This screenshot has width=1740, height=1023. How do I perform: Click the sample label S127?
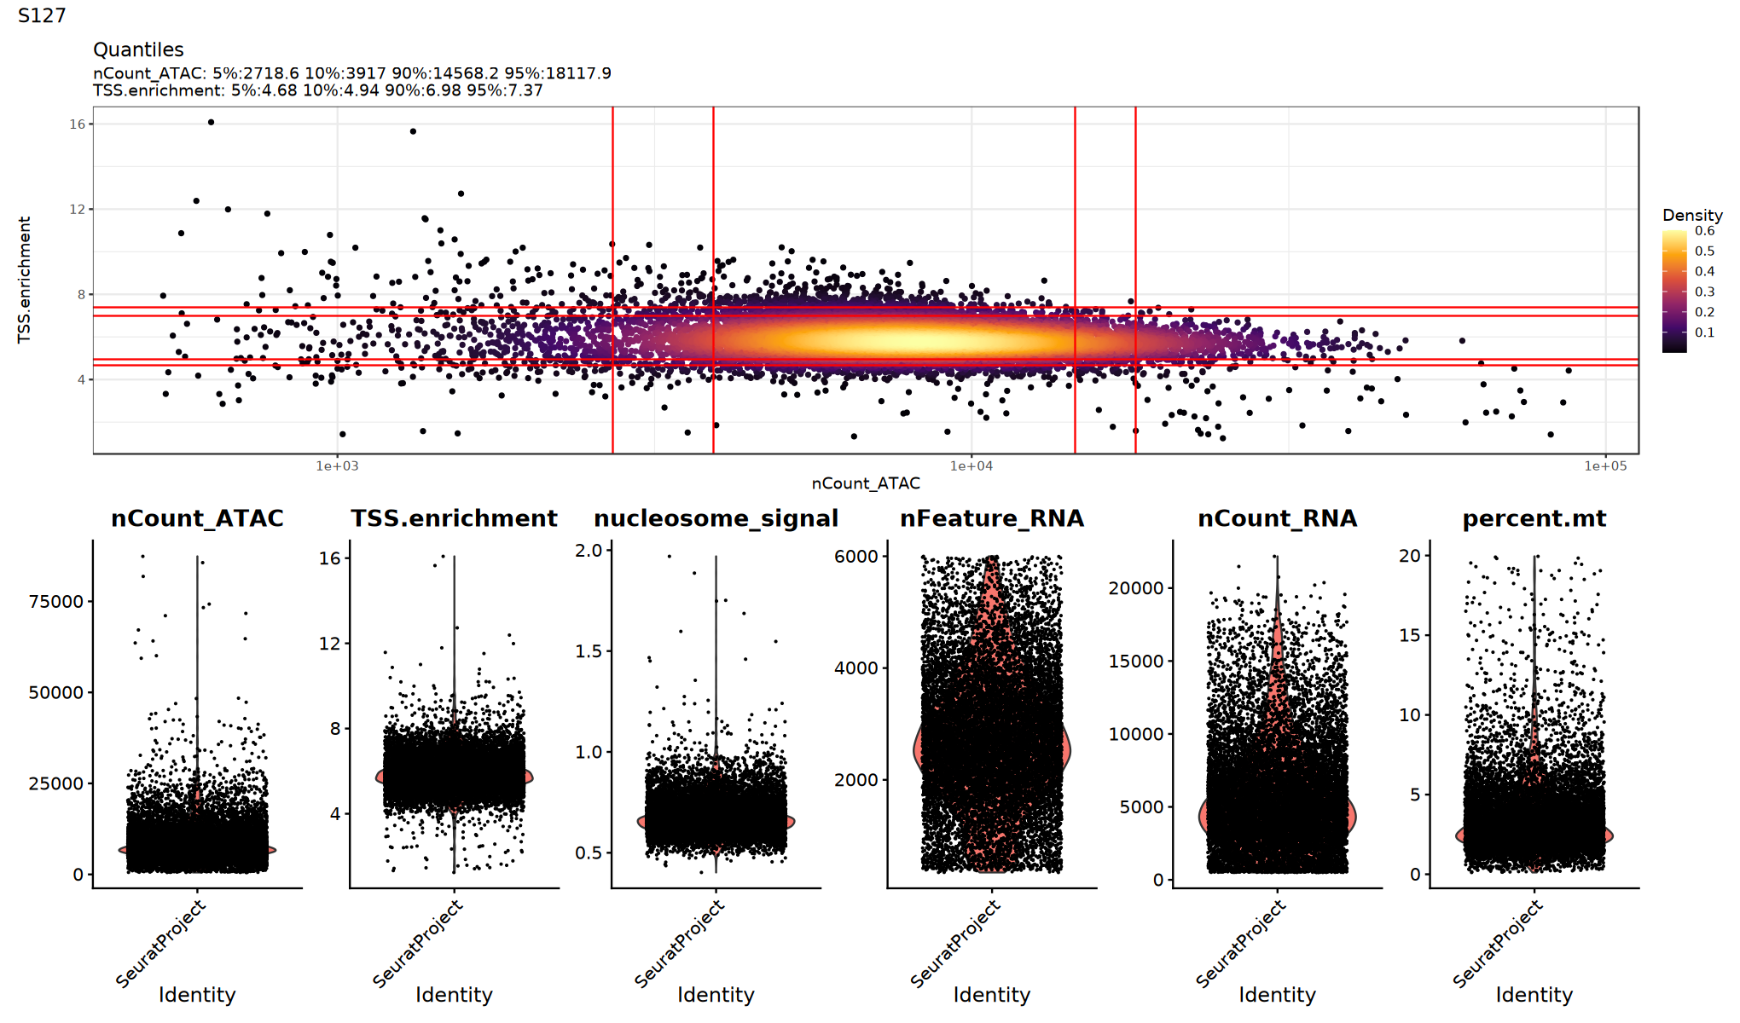point(42,15)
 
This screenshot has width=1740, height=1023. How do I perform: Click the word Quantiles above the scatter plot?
point(138,49)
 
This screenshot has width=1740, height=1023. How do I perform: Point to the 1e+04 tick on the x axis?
point(971,465)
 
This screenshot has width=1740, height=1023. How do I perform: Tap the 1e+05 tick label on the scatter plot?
point(1605,465)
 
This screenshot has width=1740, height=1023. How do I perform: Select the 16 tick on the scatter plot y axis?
point(78,124)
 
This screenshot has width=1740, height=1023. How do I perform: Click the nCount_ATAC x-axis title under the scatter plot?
point(866,483)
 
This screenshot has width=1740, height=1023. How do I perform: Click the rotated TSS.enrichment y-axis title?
point(25,280)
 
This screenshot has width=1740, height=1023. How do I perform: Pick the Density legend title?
point(1692,215)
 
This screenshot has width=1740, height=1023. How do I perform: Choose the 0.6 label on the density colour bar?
point(1705,231)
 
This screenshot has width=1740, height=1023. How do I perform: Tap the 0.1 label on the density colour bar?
point(1705,332)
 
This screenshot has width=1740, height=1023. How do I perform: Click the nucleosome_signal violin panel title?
point(716,518)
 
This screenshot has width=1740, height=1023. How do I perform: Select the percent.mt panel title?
point(1534,518)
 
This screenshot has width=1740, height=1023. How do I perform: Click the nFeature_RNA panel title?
point(992,518)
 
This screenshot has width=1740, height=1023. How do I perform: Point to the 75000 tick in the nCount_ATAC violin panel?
point(56,602)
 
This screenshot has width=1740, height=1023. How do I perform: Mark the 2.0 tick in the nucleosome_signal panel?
point(589,551)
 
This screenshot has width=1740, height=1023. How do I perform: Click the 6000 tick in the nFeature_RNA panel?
point(855,557)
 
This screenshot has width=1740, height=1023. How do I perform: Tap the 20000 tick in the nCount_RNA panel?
point(1136,588)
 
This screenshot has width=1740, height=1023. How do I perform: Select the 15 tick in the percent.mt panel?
point(1409,635)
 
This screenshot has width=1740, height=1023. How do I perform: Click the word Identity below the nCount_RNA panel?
point(1277,995)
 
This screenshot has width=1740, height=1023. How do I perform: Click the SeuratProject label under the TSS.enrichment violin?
point(418,945)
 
